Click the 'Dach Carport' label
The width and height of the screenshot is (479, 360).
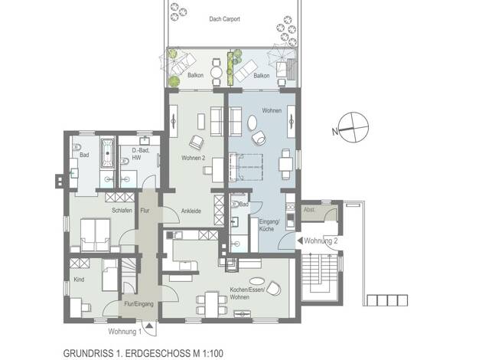[224, 19]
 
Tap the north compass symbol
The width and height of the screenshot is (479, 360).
[354, 127]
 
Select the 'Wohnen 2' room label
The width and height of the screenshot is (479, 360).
[194, 158]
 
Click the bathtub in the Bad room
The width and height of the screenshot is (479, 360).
[107, 152]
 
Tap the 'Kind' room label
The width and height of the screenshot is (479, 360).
[79, 280]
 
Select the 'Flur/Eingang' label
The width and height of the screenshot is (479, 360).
[139, 304]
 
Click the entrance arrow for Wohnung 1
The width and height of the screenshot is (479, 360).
[149, 326]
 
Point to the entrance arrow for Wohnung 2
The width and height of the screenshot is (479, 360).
[300, 241]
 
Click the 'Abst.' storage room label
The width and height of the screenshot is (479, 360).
[309, 210]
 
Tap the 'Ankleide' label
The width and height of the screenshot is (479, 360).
[191, 211]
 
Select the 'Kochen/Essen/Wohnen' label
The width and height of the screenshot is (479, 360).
[247, 293]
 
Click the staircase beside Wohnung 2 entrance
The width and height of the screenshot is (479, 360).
[320, 277]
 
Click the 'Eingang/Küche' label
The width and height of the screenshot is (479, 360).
[269, 225]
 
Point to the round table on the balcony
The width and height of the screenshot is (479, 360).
[217, 73]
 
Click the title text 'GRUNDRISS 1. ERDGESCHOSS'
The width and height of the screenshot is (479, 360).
[127, 354]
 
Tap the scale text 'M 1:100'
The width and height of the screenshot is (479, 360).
[208, 354]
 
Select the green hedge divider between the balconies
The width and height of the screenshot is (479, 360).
[230, 69]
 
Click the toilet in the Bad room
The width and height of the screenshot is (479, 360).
[76, 147]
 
